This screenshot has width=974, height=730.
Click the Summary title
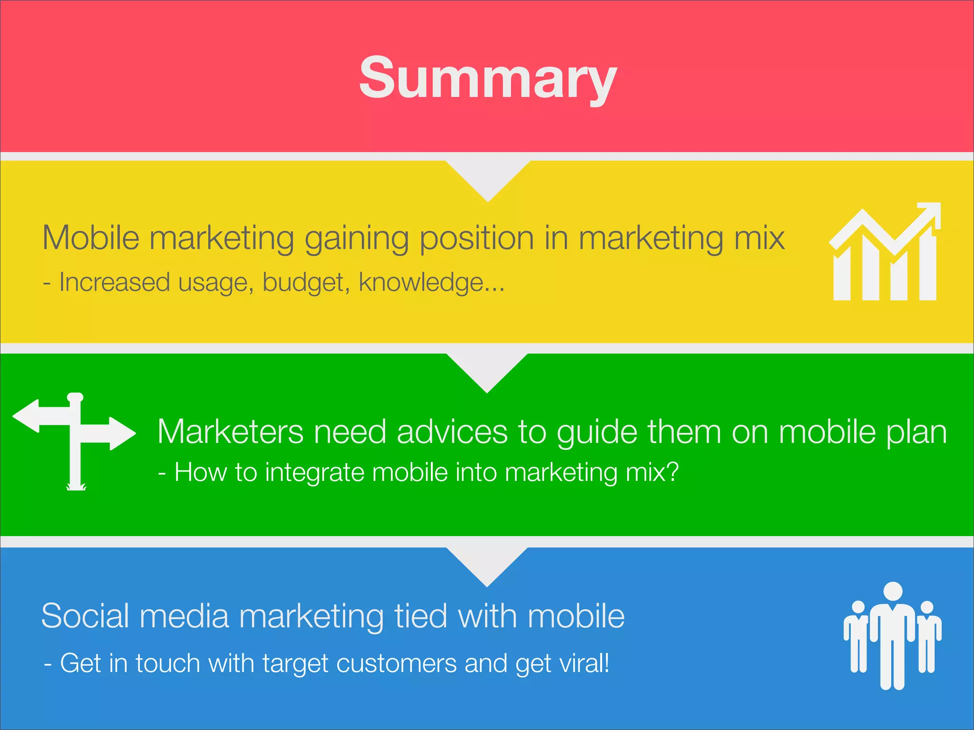click(x=487, y=78)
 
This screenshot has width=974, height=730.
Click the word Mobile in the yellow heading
click(x=91, y=237)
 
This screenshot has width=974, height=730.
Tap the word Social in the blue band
click(x=85, y=616)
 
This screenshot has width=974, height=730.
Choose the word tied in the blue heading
click(x=421, y=616)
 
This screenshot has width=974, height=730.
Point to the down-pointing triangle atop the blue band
click(x=487, y=564)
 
